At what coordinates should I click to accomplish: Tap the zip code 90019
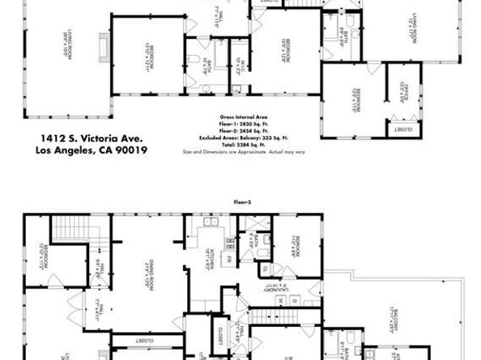(x=141, y=150)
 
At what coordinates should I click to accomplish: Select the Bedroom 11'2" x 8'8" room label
(x=297, y=243)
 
